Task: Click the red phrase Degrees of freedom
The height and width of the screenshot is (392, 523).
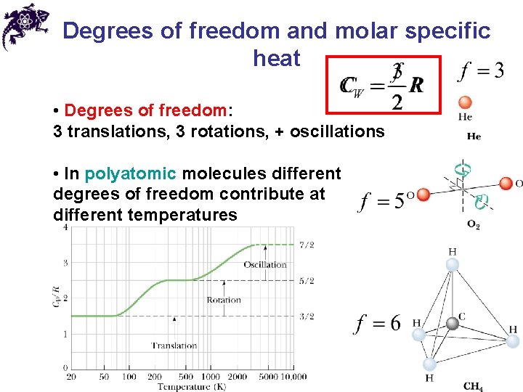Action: [145, 110]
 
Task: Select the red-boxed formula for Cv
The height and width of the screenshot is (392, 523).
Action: [383, 86]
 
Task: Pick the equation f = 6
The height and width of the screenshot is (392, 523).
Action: [377, 323]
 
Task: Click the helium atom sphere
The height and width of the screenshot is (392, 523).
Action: [466, 102]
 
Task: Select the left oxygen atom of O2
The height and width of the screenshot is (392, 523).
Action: [423, 194]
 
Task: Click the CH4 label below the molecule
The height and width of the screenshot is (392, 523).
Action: [473, 385]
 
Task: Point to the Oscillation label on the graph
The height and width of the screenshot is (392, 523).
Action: [265, 264]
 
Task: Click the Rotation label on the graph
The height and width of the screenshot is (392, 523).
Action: [224, 299]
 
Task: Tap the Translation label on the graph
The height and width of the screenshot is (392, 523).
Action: [174, 346]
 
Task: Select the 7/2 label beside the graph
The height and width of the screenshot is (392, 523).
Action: [307, 245]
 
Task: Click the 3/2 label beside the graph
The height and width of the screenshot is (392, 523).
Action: [307, 316]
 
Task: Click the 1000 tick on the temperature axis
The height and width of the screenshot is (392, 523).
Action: [211, 376]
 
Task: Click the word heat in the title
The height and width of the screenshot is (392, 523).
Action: [276, 58]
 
